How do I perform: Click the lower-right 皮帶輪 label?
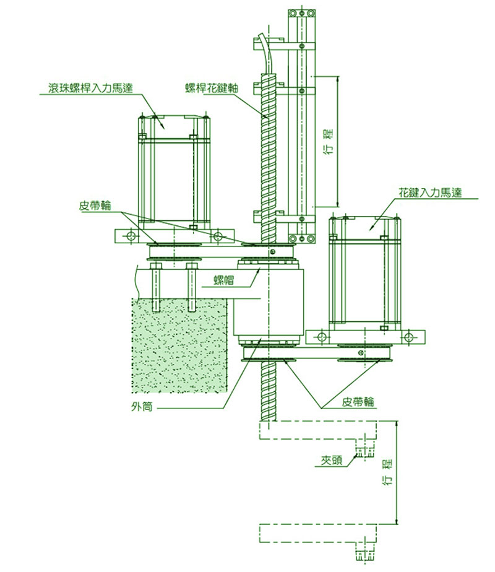tap(358, 402)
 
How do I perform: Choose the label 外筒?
tap(140, 407)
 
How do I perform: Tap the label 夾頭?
tap(330, 461)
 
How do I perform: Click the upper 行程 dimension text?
tap(328, 141)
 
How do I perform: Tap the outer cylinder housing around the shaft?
tap(269, 303)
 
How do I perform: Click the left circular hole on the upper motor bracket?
tap(131, 236)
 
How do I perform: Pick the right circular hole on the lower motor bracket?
tap(408, 336)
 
